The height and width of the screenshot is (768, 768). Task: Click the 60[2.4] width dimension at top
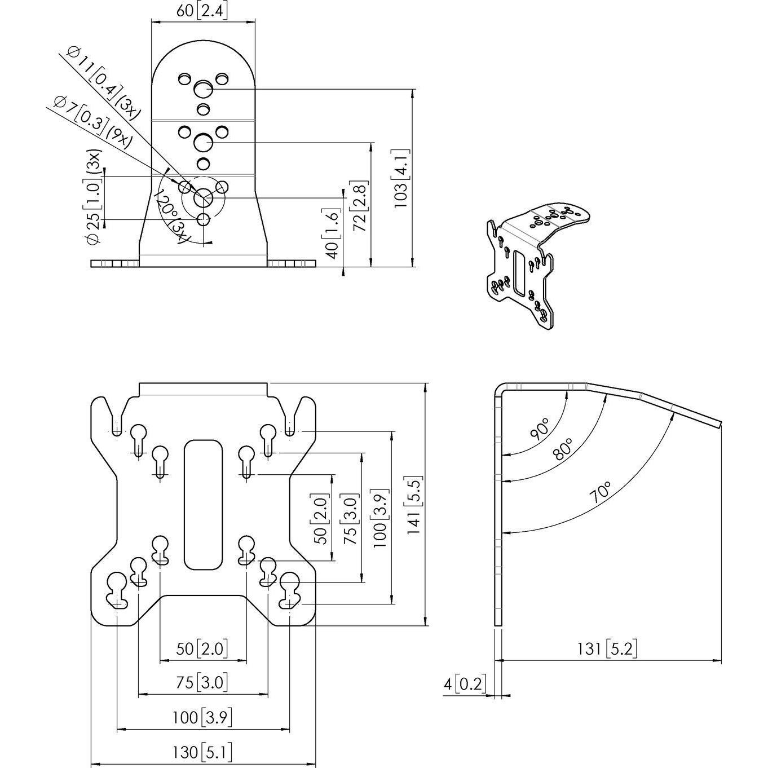click(202, 11)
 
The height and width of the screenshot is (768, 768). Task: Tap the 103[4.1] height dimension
click(401, 178)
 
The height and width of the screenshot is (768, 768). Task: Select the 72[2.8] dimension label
click(360, 206)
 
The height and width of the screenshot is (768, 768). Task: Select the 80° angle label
click(564, 449)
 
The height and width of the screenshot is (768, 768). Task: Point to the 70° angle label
click(600, 492)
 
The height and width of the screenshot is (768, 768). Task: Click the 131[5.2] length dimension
click(606, 649)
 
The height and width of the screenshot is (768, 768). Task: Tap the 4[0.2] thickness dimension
click(465, 684)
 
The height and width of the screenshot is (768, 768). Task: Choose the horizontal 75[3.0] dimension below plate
click(202, 683)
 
